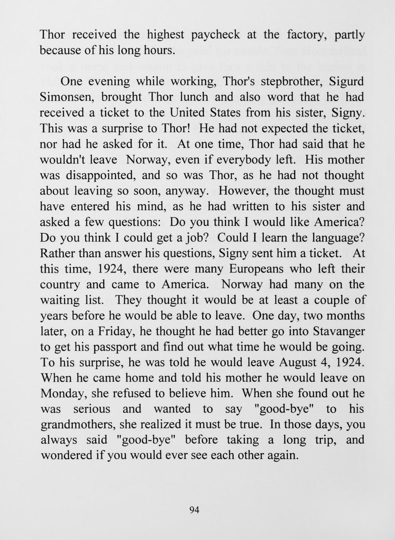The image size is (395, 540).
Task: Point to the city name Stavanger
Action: (x=339, y=331)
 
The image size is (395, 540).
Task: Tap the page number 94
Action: (x=194, y=509)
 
